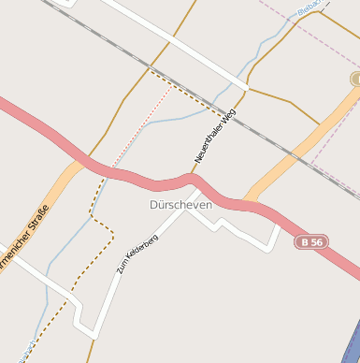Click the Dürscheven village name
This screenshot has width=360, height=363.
click(x=180, y=204)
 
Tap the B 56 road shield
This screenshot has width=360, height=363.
click(x=311, y=241)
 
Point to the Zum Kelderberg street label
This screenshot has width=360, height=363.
click(x=137, y=254)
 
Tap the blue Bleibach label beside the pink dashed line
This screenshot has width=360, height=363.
click(x=309, y=8)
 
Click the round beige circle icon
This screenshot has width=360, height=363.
click(x=356, y=79)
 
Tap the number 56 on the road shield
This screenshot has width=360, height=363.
click(x=317, y=241)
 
